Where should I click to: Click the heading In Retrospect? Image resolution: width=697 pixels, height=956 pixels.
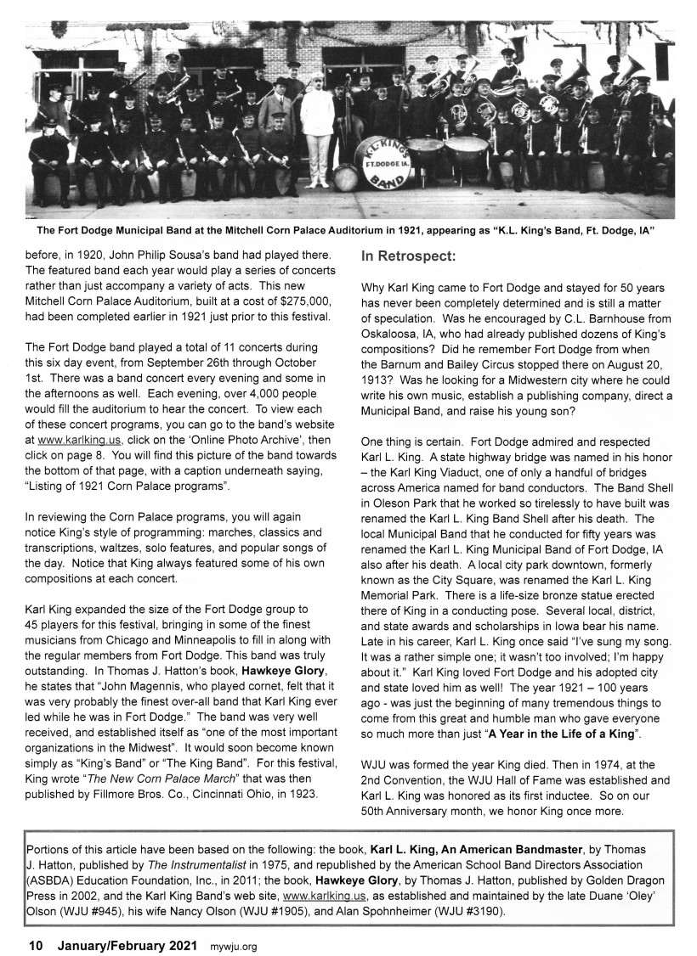coord(410,255)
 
